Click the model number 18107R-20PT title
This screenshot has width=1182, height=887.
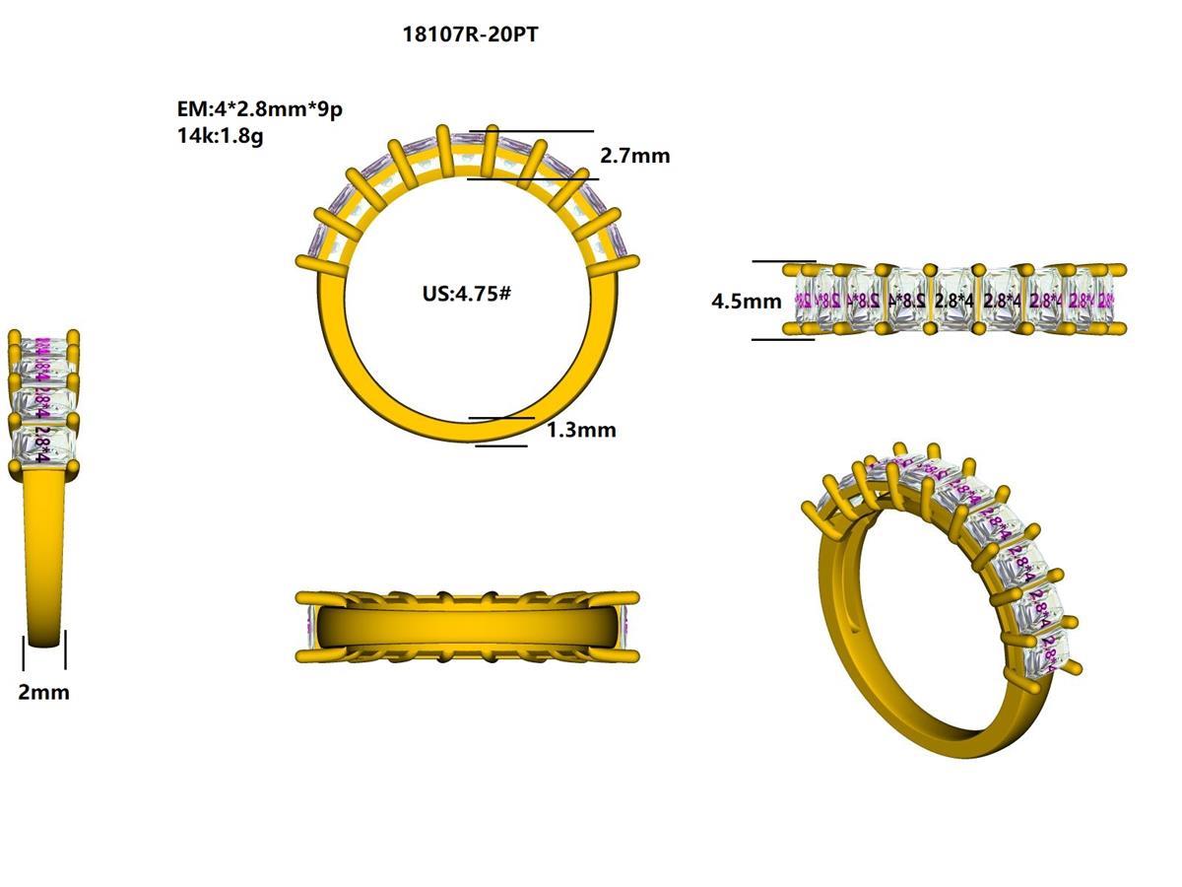(x=470, y=34)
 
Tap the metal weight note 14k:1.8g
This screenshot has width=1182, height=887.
(x=220, y=136)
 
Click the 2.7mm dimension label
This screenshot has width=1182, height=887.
(x=635, y=156)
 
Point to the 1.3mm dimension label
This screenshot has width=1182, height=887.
(x=581, y=430)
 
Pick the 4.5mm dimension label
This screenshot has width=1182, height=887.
(x=747, y=302)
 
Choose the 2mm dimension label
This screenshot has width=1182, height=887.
(x=44, y=692)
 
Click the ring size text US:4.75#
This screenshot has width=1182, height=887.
(x=467, y=294)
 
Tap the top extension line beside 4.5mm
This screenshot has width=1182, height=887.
(x=784, y=261)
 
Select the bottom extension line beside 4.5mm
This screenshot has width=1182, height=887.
(x=784, y=340)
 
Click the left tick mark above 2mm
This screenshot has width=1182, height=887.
(x=24, y=652)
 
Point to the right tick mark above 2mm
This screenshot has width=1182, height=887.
(x=66, y=652)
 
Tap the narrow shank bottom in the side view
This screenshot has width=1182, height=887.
(x=44, y=631)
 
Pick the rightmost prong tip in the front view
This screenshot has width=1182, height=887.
(x=633, y=261)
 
